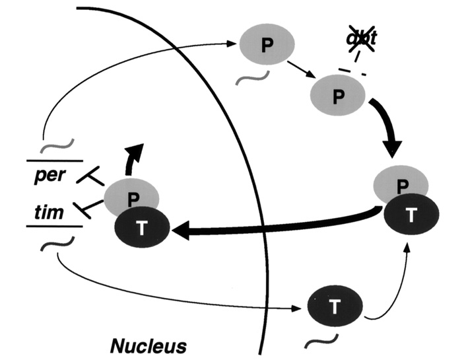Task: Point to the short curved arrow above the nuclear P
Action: click(134, 159)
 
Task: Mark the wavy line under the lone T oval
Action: click(323, 342)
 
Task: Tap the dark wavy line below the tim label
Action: click(52, 246)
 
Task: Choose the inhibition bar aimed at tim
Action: click(88, 208)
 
